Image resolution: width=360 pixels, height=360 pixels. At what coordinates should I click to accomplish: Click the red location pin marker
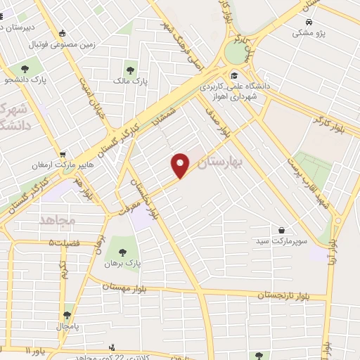point(181,165)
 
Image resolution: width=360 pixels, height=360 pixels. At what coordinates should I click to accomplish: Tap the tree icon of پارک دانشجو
point(25,69)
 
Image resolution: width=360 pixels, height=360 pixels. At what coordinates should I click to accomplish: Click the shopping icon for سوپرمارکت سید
point(281,230)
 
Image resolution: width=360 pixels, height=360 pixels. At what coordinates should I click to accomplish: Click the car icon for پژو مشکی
point(302,22)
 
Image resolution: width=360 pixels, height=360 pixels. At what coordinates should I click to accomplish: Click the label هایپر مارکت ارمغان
point(57,166)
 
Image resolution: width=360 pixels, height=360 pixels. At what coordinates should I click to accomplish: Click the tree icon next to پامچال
point(67,315)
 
